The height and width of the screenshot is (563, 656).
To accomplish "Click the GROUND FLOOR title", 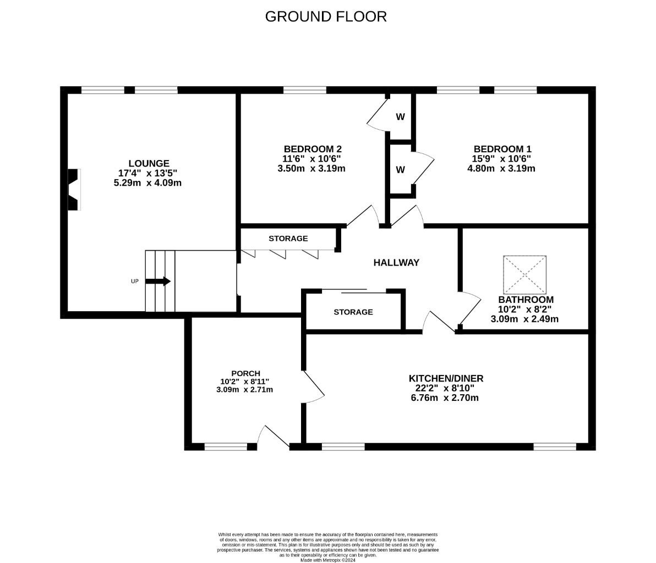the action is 326,16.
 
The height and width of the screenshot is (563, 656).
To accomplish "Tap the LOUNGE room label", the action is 149,163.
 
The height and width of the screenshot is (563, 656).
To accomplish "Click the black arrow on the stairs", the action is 158,281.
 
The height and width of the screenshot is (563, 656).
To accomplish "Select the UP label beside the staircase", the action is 135,281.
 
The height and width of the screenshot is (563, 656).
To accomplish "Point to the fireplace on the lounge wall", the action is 74,189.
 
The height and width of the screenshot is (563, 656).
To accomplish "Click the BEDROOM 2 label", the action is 313,149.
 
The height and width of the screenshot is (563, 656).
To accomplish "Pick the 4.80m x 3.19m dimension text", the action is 501,168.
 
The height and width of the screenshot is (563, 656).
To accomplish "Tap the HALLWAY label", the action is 396,262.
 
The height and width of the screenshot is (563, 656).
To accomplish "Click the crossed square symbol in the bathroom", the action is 524,274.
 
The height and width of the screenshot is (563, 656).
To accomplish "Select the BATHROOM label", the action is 526,300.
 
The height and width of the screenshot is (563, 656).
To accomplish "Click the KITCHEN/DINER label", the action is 446,379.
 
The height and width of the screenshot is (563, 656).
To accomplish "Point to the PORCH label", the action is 245,373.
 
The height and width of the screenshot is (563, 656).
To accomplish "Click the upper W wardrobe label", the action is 401,117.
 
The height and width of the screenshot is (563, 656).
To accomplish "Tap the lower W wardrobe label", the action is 401,170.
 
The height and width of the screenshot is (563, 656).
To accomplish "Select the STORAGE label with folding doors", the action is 288,239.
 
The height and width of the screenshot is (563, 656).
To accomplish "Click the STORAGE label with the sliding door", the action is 353,312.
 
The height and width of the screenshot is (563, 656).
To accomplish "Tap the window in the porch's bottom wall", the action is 226,447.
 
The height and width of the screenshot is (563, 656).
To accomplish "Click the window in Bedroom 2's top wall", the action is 304,90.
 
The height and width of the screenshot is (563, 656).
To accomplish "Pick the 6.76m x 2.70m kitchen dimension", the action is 445,398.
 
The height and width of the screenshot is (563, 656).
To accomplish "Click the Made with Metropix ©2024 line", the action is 328,560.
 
